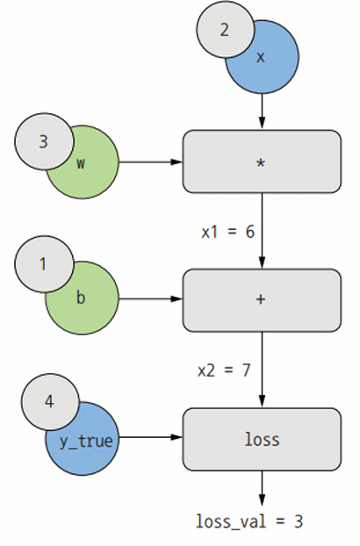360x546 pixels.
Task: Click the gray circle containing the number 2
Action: click(x=225, y=29)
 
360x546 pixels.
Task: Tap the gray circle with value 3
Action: click(x=44, y=141)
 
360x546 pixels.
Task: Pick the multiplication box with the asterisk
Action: click(x=262, y=162)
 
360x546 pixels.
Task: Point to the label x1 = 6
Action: click(x=228, y=232)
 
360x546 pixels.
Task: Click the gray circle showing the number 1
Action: click(x=44, y=263)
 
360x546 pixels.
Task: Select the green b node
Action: click(x=87, y=306)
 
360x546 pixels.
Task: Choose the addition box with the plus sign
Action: click(x=262, y=300)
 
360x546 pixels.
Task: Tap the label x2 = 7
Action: click(x=224, y=370)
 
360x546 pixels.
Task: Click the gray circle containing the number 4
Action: click(x=50, y=402)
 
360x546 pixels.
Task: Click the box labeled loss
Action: click(x=262, y=439)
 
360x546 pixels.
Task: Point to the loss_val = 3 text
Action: click(x=249, y=521)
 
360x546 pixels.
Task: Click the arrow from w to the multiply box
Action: click(x=151, y=162)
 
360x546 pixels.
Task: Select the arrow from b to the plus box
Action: click(x=151, y=298)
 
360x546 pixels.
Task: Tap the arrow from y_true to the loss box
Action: click(x=151, y=437)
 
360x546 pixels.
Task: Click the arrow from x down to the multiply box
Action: click(x=262, y=111)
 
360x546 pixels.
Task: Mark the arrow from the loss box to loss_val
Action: click(x=262, y=488)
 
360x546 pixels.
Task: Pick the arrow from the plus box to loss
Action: click(x=262, y=370)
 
